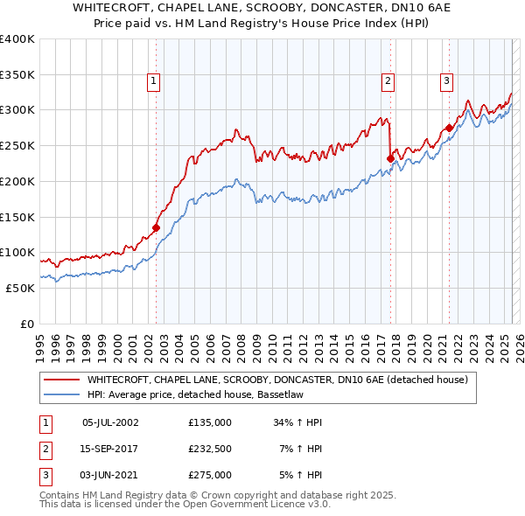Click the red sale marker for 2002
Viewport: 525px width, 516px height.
[157, 227]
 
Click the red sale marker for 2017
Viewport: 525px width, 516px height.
[391, 158]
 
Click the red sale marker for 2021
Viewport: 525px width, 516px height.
[449, 128]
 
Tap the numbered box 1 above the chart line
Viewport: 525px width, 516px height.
[153, 81]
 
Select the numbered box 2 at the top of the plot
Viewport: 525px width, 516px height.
[387, 81]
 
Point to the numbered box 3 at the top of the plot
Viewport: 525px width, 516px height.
[446, 81]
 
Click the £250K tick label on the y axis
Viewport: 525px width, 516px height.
[17, 145]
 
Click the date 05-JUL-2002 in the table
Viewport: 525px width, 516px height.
[110, 422]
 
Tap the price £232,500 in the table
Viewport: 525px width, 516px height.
[210, 449]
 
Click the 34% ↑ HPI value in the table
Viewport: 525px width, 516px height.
[298, 422]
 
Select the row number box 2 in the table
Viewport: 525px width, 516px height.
[45, 449]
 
